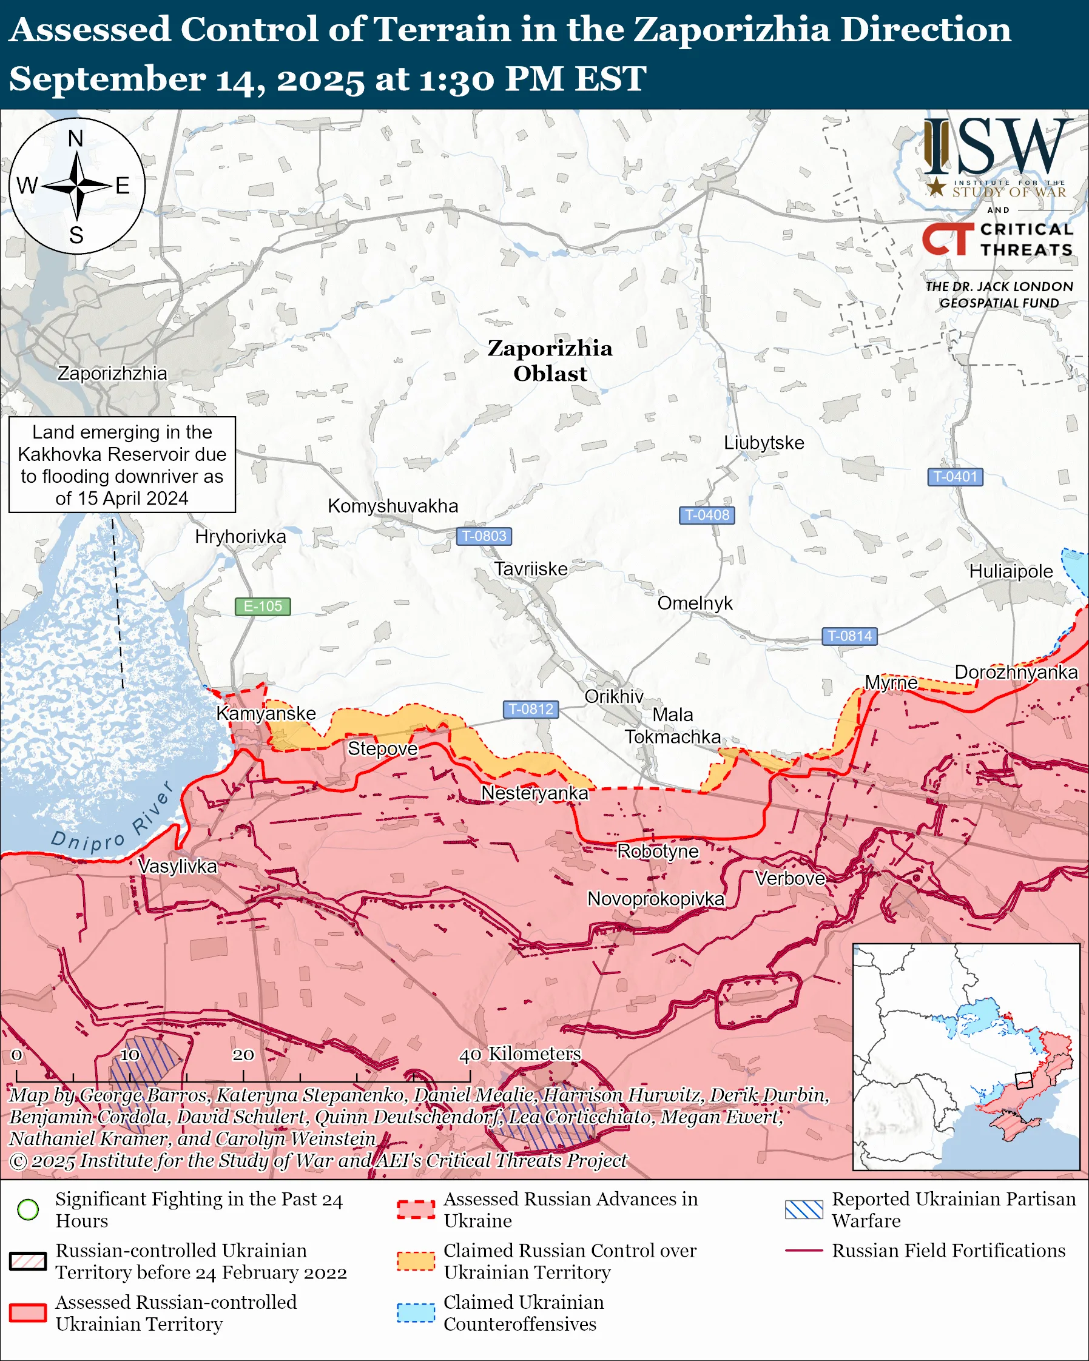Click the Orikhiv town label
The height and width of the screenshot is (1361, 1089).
(x=613, y=696)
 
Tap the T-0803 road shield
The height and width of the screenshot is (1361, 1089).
(x=484, y=536)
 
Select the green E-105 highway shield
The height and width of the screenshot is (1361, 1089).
(x=263, y=606)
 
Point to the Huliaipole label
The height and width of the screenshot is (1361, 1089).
(x=1011, y=571)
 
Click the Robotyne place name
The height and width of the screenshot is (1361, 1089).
(x=658, y=851)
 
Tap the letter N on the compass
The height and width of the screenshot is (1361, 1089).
(x=76, y=138)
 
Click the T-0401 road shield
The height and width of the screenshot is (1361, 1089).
(x=954, y=477)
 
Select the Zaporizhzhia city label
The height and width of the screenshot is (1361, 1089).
(x=112, y=373)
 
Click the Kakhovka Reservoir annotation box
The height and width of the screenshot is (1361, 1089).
(x=122, y=465)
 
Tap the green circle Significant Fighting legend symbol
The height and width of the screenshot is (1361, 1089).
(x=28, y=1209)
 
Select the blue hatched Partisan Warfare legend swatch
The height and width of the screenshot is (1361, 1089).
(x=804, y=1209)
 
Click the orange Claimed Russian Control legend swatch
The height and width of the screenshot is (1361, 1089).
(x=416, y=1262)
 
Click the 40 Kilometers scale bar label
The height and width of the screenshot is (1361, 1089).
(x=519, y=1054)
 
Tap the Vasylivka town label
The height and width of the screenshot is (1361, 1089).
(x=177, y=866)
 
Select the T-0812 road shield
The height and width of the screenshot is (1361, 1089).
(x=531, y=709)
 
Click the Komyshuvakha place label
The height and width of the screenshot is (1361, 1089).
(x=393, y=506)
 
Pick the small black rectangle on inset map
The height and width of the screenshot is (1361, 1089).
(x=1023, y=1081)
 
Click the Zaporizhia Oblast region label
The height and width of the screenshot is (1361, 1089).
(x=550, y=360)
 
